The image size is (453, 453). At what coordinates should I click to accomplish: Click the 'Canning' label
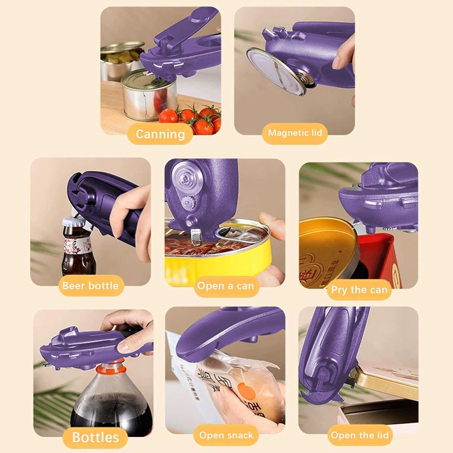pos(160,134)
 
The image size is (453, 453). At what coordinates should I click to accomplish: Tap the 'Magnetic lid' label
pos(295,133)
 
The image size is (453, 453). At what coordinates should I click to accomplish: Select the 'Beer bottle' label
pos(90,286)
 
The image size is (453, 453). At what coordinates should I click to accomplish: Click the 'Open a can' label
pos(225,286)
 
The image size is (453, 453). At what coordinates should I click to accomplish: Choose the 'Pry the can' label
pos(359,290)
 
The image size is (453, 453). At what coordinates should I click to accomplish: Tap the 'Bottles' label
pos(95,437)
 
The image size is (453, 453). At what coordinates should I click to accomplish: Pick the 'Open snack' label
pos(226,435)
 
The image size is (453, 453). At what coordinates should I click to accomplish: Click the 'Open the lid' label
pos(359,435)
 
